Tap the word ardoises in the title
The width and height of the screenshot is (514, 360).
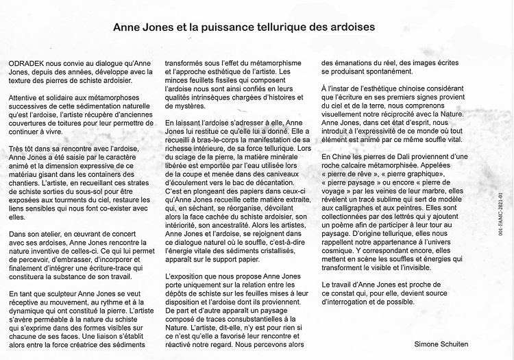(350, 28)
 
